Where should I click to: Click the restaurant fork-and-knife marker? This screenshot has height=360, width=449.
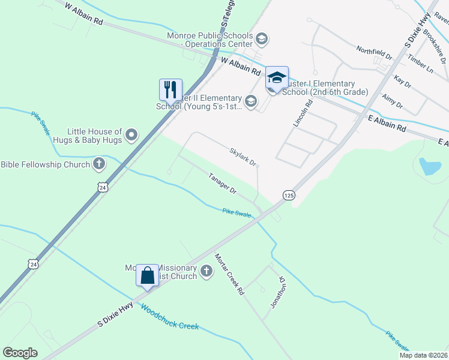coord(170,90)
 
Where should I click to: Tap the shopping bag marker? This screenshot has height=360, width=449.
coord(148,276)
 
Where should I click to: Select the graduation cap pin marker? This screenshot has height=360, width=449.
coord(277,78)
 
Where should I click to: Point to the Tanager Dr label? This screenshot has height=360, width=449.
coord(223,182)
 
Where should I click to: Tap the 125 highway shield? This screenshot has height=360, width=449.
coord(289,196)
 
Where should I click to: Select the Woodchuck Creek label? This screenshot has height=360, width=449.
coord(169,317)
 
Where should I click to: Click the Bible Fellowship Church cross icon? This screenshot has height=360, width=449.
coord(99,163)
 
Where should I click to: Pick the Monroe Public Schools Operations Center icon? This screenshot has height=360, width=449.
coord(261,40)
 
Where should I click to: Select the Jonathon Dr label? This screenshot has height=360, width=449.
coord(276,292)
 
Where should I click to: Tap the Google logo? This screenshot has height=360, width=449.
coord(20,353)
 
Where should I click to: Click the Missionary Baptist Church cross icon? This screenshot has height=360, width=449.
coord(206,272)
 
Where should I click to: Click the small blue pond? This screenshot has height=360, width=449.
coord(430,166)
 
